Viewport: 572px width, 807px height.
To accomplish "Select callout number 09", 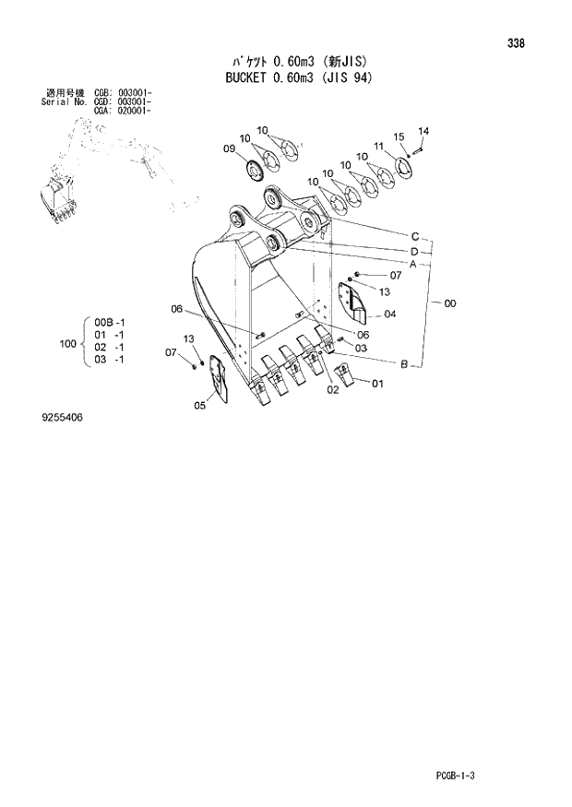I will click(x=229, y=148).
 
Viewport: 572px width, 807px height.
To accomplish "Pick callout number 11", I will click(x=379, y=145).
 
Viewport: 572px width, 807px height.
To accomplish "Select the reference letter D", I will click(x=415, y=251).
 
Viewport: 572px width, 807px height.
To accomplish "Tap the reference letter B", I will click(x=404, y=366).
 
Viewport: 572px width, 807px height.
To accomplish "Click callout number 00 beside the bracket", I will click(x=449, y=303).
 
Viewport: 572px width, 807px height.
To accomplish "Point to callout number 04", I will click(x=390, y=314).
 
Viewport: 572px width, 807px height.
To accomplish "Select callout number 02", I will click(x=332, y=389).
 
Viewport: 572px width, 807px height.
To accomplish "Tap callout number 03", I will click(x=362, y=348).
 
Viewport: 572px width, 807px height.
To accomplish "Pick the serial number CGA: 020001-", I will click(x=123, y=110).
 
